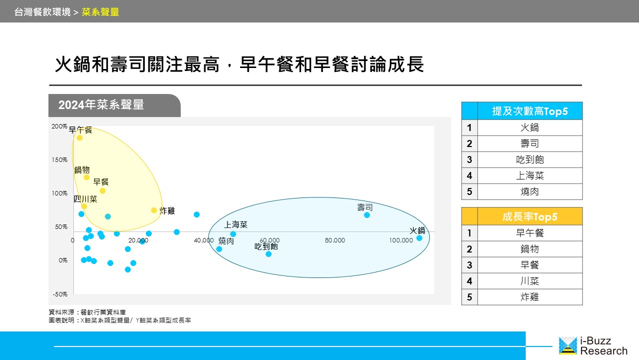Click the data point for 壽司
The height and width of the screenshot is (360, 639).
[x=367, y=215]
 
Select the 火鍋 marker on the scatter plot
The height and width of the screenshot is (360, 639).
[x=419, y=237]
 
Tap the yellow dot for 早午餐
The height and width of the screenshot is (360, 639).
[x=79, y=137]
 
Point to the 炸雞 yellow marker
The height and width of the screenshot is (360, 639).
[x=154, y=210]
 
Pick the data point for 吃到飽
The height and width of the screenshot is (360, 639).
[x=269, y=253]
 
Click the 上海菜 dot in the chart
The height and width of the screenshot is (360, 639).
[x=233, y=234]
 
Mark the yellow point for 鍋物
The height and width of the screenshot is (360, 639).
[x=87, y=177]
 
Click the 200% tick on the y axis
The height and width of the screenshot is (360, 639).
[x=59, y=126]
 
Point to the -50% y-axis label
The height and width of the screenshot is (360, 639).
[x=60, y=294]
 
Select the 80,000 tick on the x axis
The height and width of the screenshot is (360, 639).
[x=335, y=240]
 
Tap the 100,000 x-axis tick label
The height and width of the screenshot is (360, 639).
[x=401, y=240]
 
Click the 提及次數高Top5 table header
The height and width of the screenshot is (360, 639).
[x=530, y=111]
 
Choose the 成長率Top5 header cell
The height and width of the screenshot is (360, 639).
[x=530, y=216]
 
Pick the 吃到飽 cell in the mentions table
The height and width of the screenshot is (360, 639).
[x=530, y=159]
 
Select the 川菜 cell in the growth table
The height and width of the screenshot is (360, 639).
[x=530, y=281]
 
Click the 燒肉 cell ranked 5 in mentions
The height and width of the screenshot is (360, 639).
[x=530, y=191]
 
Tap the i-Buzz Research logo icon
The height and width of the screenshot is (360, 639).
[x=568, y=345]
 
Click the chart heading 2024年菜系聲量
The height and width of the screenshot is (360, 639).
[x=101, y=105]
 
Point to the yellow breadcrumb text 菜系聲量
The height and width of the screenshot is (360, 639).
[x=100, y=12]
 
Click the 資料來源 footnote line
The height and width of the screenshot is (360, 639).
[x=87, y=312]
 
